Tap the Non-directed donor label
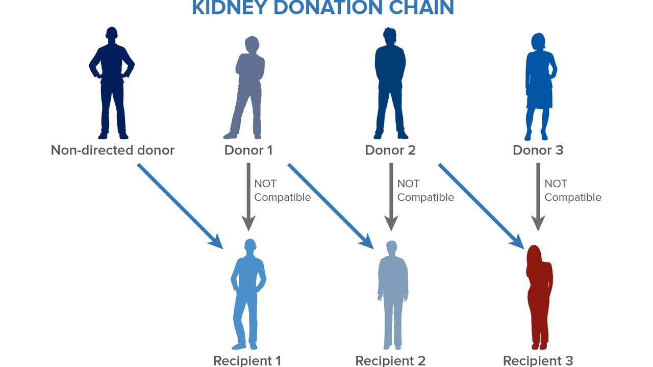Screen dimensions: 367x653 [x=113, y=150]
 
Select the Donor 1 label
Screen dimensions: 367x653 [x=248, y=150]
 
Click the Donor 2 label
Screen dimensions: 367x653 [x=390, y=150]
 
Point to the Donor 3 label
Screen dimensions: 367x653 [x=538, y=150]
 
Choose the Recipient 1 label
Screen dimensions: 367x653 [x=247, y=360]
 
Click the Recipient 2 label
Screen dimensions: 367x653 [x=390, y=360]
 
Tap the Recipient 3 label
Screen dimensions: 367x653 [x=538, y=360]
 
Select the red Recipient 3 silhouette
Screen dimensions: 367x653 [x=539, y=296]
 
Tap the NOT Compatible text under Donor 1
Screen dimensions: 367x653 [x=282, y=191]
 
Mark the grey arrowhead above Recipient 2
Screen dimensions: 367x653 [x=391, y=223]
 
